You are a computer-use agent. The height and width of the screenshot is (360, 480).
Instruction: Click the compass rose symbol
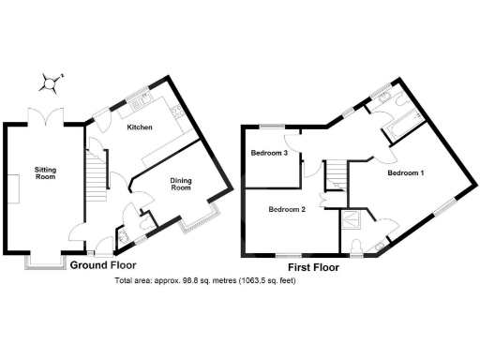click(54, 83)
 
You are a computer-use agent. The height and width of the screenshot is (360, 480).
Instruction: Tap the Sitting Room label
click(45, 172)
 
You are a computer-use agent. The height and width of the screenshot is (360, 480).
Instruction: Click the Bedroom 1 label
click(406, 174)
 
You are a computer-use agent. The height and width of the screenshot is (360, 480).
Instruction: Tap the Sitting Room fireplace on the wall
click(15, 188)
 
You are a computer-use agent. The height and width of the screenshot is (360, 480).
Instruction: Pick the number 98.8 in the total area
click(181, 281)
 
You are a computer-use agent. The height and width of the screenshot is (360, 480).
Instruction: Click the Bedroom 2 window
click(290, 254)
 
